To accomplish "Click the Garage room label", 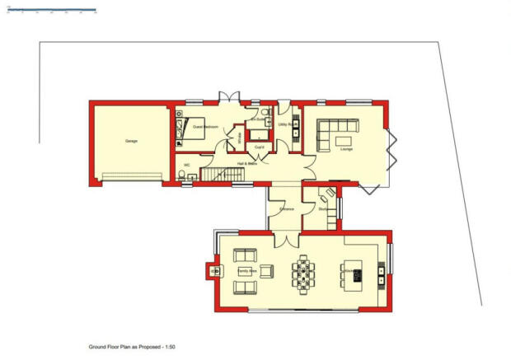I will click(131, 141).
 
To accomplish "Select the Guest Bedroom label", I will click(205, 128).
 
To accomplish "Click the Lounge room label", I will click(346, 149).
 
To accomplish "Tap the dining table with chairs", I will click(303, 272).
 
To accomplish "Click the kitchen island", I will click(350, 274).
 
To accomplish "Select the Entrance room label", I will click(287, 209).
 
